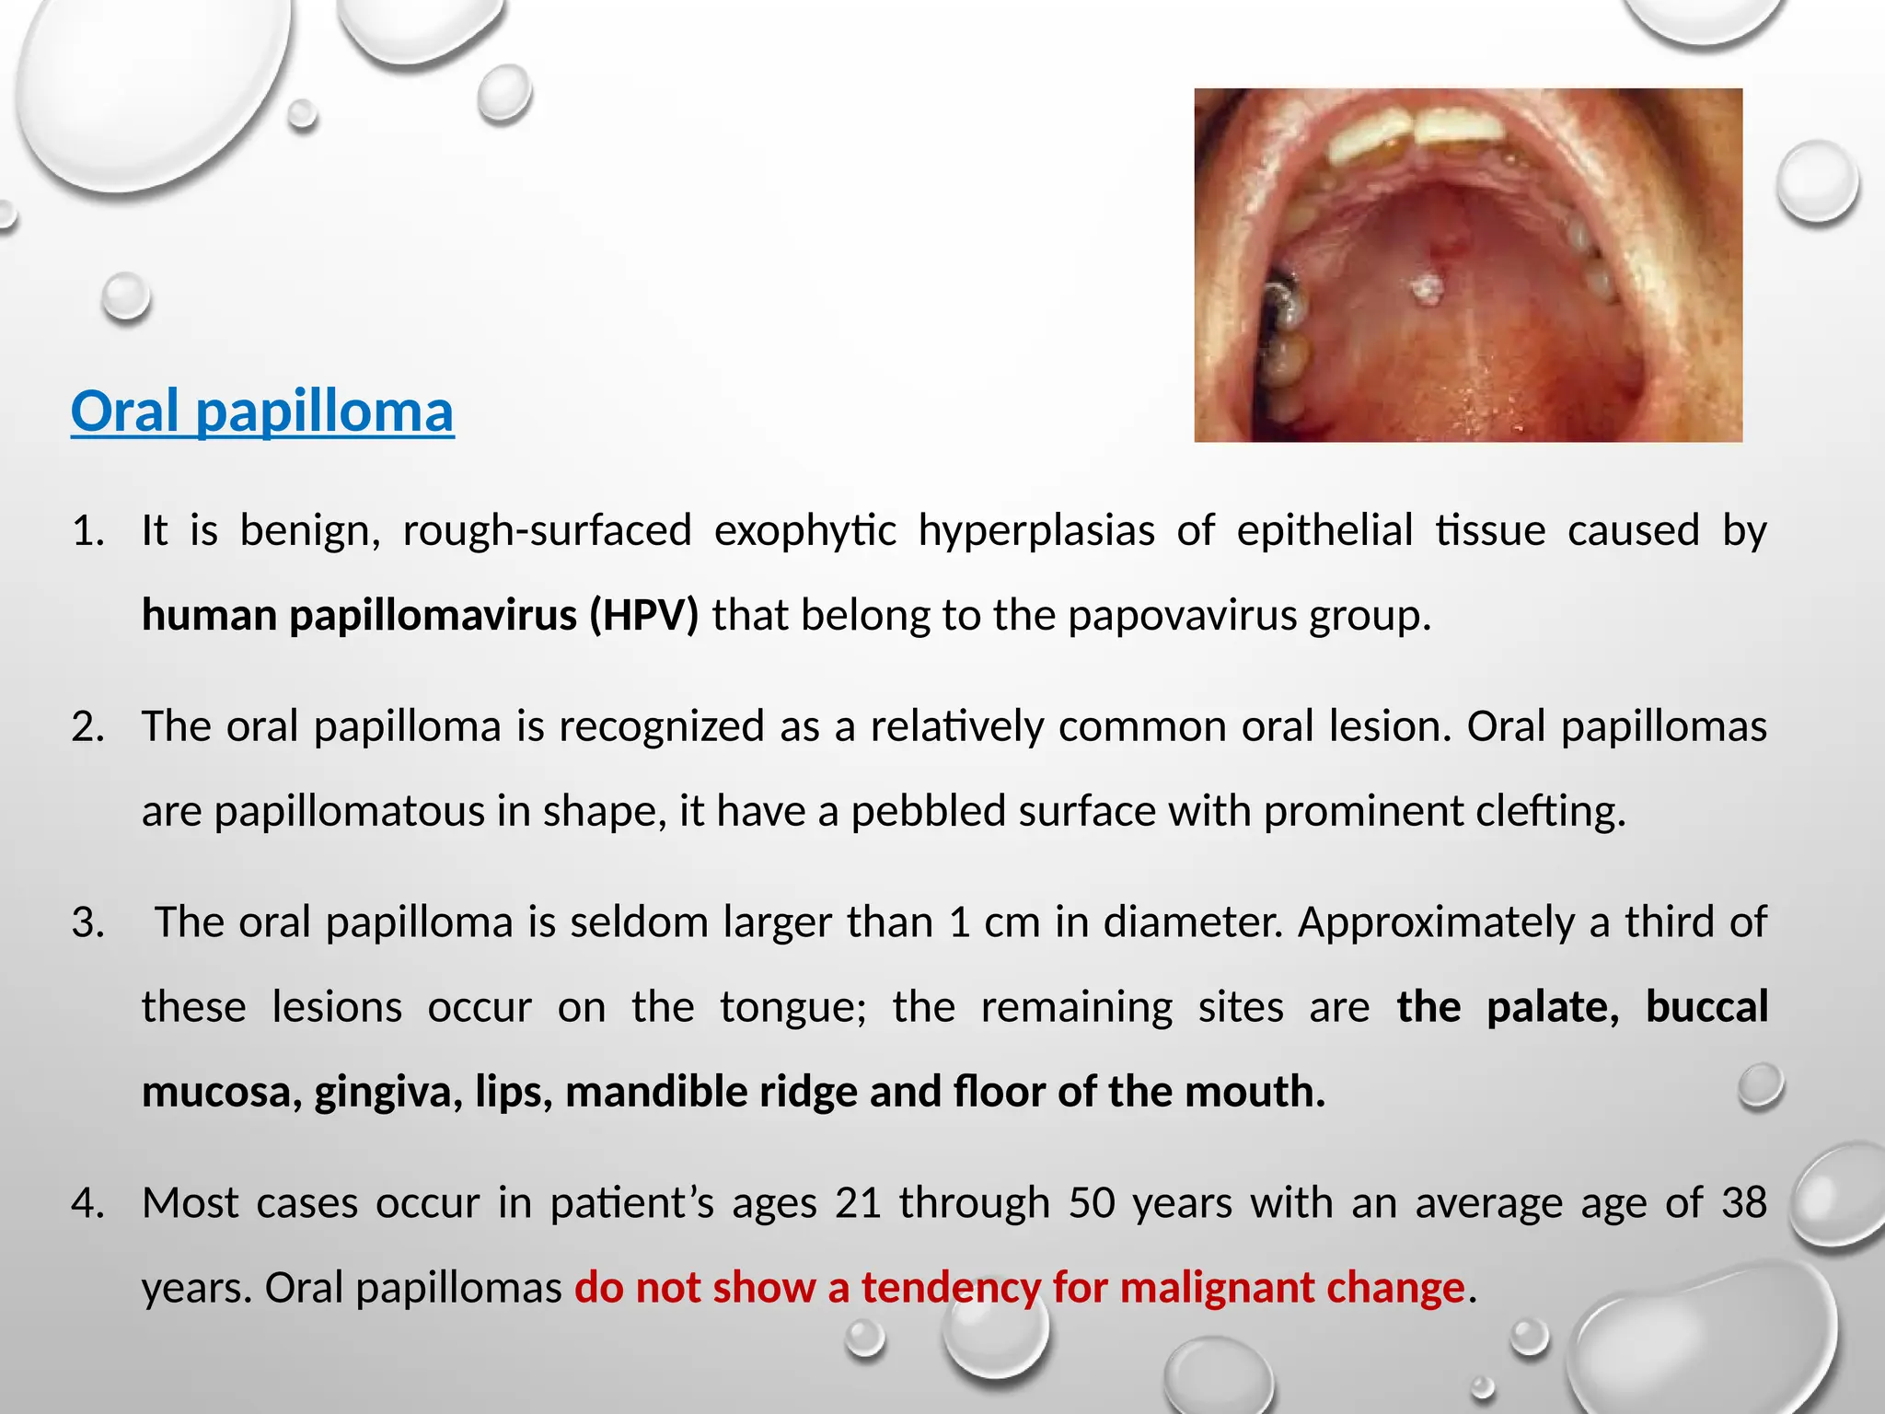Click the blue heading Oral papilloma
click(x=262, y=411)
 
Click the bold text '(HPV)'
click(x=644, y=615)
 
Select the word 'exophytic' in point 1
click(x=804, y=530)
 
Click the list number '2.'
click(x=88, y=726)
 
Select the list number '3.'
click(x=88, y=922)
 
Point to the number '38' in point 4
click(x=1743, y=1203)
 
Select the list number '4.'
click(x=88, y=1203)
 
